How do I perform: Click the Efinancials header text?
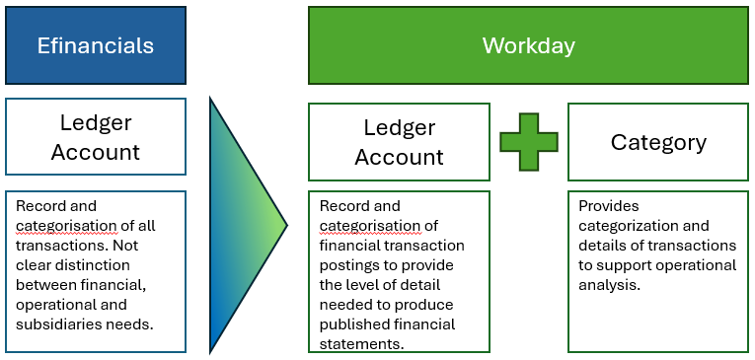(96, 45)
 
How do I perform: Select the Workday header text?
(528, 45)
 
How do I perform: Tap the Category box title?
(658, 142)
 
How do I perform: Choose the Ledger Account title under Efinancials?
(96, 137)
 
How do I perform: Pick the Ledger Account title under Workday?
(399, 142)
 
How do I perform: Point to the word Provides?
(609, 206)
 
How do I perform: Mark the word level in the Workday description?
(364, 284)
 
